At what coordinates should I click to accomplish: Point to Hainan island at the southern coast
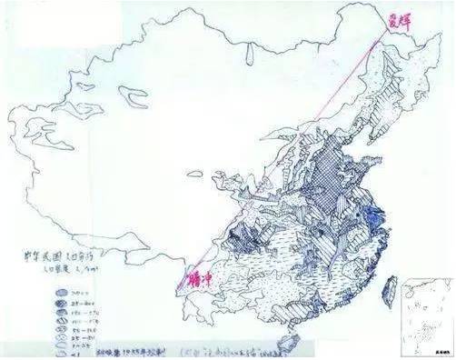point(292,344)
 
